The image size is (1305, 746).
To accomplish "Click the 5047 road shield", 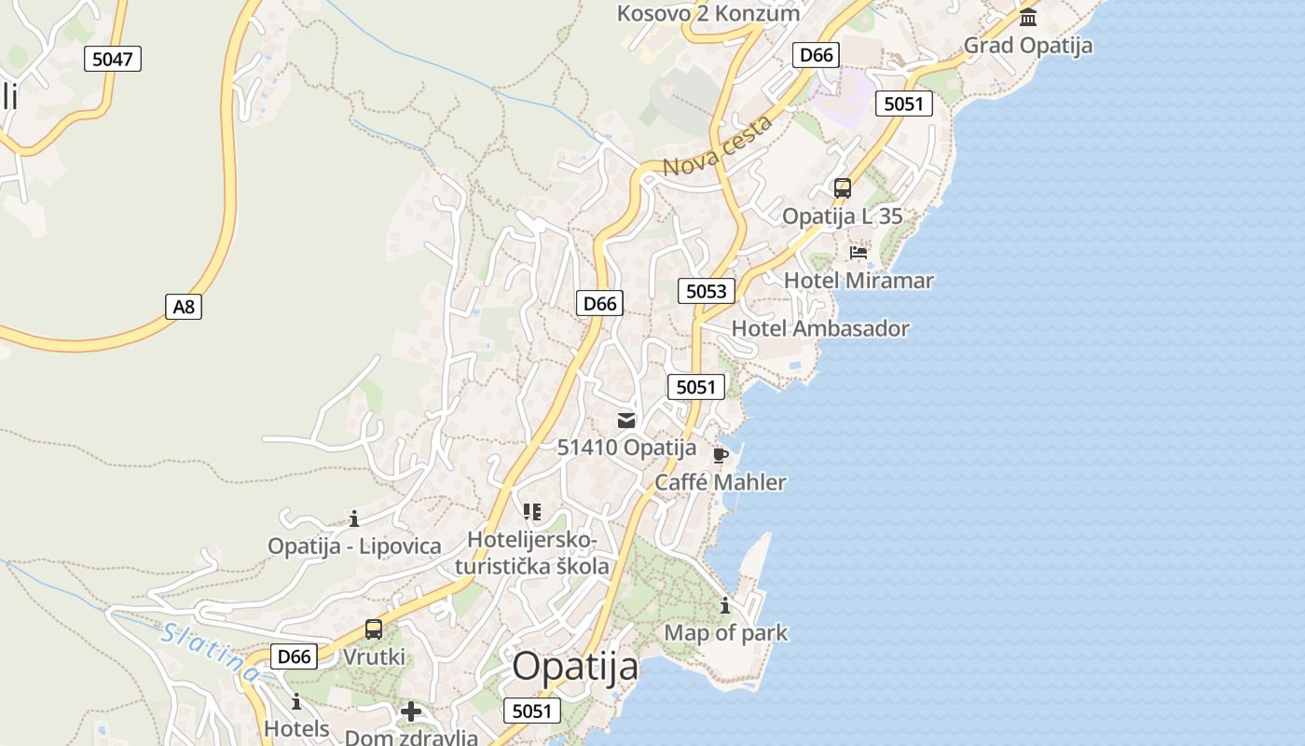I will click(113, 59).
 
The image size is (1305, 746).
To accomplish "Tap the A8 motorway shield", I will click(185, 306).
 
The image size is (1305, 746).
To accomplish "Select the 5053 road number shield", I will click(706, 291).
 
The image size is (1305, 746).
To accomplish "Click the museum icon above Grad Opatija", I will click(1028, 17).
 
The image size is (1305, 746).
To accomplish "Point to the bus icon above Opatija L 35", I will click(843, 188).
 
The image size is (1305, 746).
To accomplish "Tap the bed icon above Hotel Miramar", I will click(859, 252).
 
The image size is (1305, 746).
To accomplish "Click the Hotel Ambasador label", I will click(819, 328).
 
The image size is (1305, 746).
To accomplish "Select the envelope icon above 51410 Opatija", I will click(626, 421).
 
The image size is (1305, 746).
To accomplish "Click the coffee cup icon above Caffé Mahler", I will click(720, 456).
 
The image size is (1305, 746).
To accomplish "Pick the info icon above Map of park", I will click(725, 606).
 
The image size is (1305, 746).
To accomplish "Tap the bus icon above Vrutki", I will click(374, 629).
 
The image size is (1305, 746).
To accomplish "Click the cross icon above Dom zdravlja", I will click(411, 712).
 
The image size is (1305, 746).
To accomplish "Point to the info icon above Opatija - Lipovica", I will click(354, 518).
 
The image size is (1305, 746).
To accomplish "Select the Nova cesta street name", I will click(719, 146).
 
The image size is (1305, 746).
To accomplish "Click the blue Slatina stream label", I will click(209, 651).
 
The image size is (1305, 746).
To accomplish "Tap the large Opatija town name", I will click(575, 667).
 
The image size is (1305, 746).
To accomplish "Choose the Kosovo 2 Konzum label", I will click(708, 14).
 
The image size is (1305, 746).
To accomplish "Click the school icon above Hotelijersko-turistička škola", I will click(532, 512).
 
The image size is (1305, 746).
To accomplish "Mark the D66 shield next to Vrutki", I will click(295, 656).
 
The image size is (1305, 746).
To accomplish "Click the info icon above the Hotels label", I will click(296, 701).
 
